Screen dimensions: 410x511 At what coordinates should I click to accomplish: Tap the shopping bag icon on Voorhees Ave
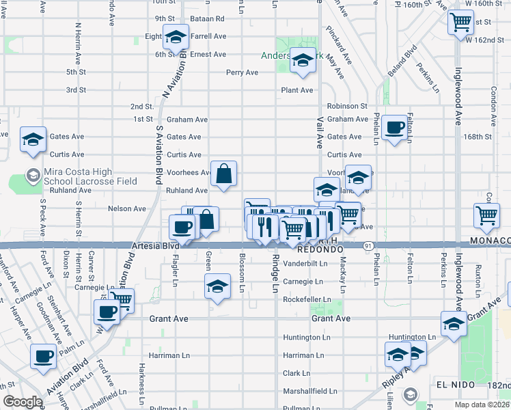point(223,175)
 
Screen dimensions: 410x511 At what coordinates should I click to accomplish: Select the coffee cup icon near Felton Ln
point(394,127)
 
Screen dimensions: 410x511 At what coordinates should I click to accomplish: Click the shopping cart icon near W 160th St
point(461,21)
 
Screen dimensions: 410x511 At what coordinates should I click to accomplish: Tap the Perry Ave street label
point(243,72)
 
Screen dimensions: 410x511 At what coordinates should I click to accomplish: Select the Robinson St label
point(347,106)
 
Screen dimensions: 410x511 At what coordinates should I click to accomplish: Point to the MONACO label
point(489,241)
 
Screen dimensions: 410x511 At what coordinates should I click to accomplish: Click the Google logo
point(23,402)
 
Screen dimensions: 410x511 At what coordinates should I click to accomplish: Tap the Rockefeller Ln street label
point(307,299)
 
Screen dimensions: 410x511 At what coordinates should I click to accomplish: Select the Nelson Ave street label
point(127,208)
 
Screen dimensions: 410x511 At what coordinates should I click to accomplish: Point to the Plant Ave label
point(297,90)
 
